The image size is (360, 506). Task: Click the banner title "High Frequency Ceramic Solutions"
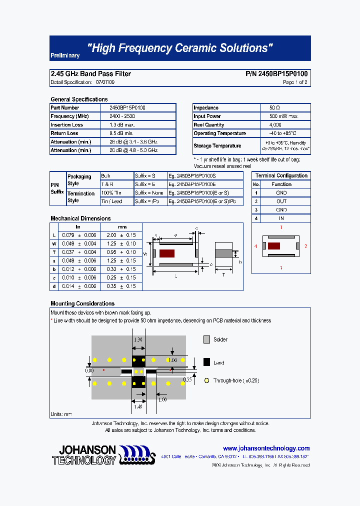[180, 48]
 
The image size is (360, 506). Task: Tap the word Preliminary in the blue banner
[65, 56]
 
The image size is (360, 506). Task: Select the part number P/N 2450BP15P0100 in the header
[276, 73]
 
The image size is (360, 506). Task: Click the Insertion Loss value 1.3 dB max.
[122, 125]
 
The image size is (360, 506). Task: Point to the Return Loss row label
[64, 133]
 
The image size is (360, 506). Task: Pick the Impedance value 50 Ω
[274, 108]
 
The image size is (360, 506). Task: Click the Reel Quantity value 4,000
[275, 125]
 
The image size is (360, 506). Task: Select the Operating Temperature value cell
[283, 133]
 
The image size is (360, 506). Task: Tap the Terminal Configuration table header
[281, 175]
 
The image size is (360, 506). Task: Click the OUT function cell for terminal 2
[281, 201]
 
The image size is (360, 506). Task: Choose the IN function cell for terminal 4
[281, 218]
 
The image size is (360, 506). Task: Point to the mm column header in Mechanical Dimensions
[122, 227]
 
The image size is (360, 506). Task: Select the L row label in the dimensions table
[54, 235]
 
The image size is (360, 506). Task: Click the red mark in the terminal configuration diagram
[273, 246]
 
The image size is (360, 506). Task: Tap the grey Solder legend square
[206, 339]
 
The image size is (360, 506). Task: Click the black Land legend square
[206, 362]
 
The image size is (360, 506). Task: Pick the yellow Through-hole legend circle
[206, 380]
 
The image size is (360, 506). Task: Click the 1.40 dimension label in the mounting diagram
[138, 406]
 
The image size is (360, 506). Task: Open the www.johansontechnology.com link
[266, 448]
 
